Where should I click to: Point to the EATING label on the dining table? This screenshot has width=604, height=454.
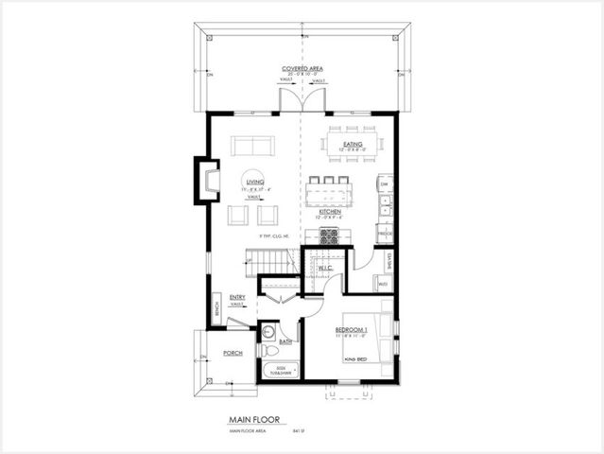353,145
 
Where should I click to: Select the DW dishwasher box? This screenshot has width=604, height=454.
385,185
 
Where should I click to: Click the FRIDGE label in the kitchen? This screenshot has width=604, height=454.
385,231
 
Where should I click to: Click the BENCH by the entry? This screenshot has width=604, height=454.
217,308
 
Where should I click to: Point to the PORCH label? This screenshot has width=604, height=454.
233,352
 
